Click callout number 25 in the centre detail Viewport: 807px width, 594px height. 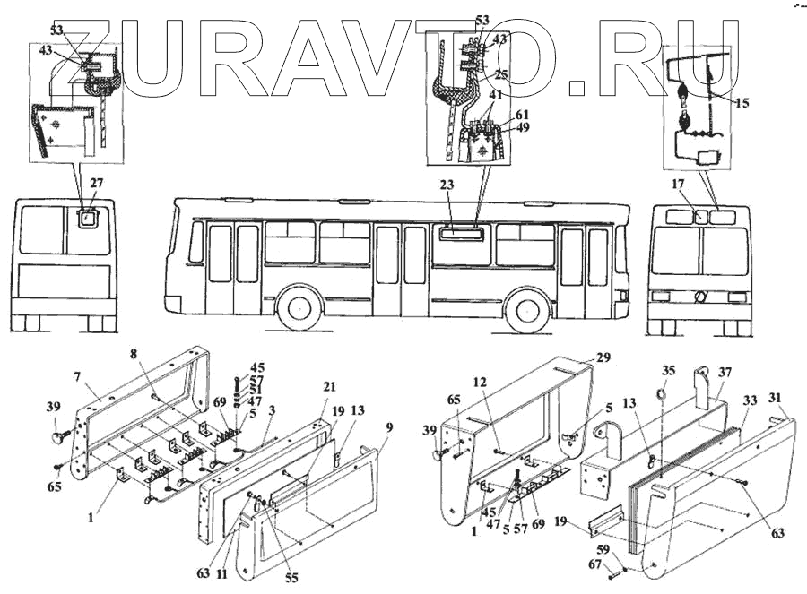pyautogui.click(x=501, y=74)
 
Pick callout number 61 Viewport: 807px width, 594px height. pyautogui.click(x=521, y=116)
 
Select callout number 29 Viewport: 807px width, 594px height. pyautogui.click(x=603, y=357)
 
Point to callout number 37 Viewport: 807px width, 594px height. pyautogui.click(x=725, y=372)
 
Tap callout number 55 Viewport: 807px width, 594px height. pyautogui.click(x=291, y=578)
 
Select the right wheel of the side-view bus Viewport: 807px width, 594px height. pyautogui.click(x=526, y=310)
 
